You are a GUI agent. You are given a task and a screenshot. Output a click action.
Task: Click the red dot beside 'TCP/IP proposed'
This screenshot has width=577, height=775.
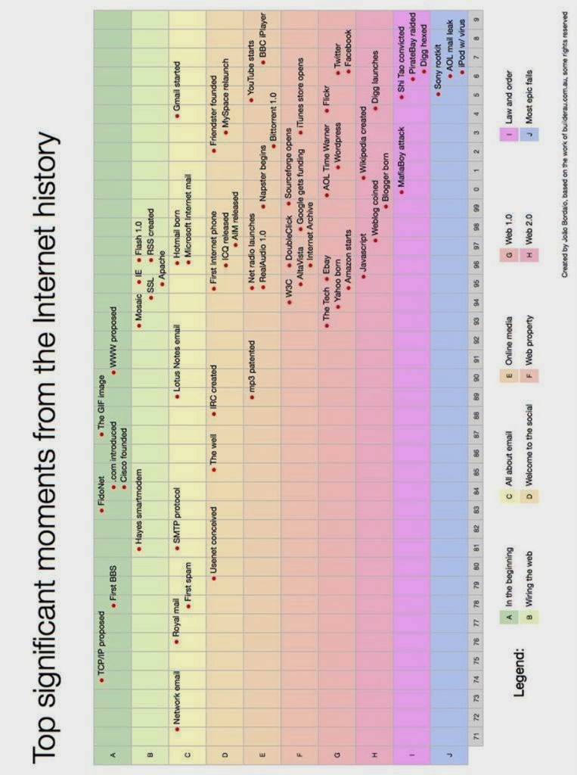[101, 680]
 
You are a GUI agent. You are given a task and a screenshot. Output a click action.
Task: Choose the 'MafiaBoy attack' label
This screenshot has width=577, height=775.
[402, 159]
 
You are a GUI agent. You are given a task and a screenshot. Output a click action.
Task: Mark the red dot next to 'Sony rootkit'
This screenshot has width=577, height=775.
[438, 93]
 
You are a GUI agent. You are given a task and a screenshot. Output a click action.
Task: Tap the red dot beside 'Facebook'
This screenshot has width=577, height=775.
[349, 71]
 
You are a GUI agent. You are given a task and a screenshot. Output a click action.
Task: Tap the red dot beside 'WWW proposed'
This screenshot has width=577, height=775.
[113, 372]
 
